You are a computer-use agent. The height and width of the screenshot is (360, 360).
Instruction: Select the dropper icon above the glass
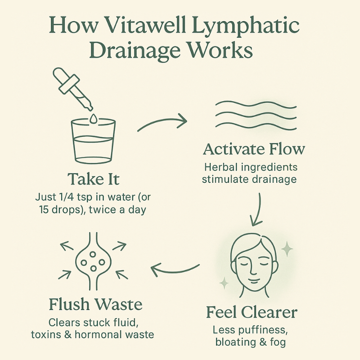tap(72, 88)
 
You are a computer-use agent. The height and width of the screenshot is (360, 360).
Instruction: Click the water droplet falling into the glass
tap(93, 118)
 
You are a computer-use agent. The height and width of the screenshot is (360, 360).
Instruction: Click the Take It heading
tap(94, 179)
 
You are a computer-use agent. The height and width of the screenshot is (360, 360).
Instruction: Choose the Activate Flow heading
tap(254, 149)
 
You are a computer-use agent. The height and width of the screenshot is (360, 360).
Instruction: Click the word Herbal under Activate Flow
tap(219, 167)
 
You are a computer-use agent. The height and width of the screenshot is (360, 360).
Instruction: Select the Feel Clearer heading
tap(252, 312)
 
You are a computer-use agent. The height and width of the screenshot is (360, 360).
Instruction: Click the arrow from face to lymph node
tap(175, 269)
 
